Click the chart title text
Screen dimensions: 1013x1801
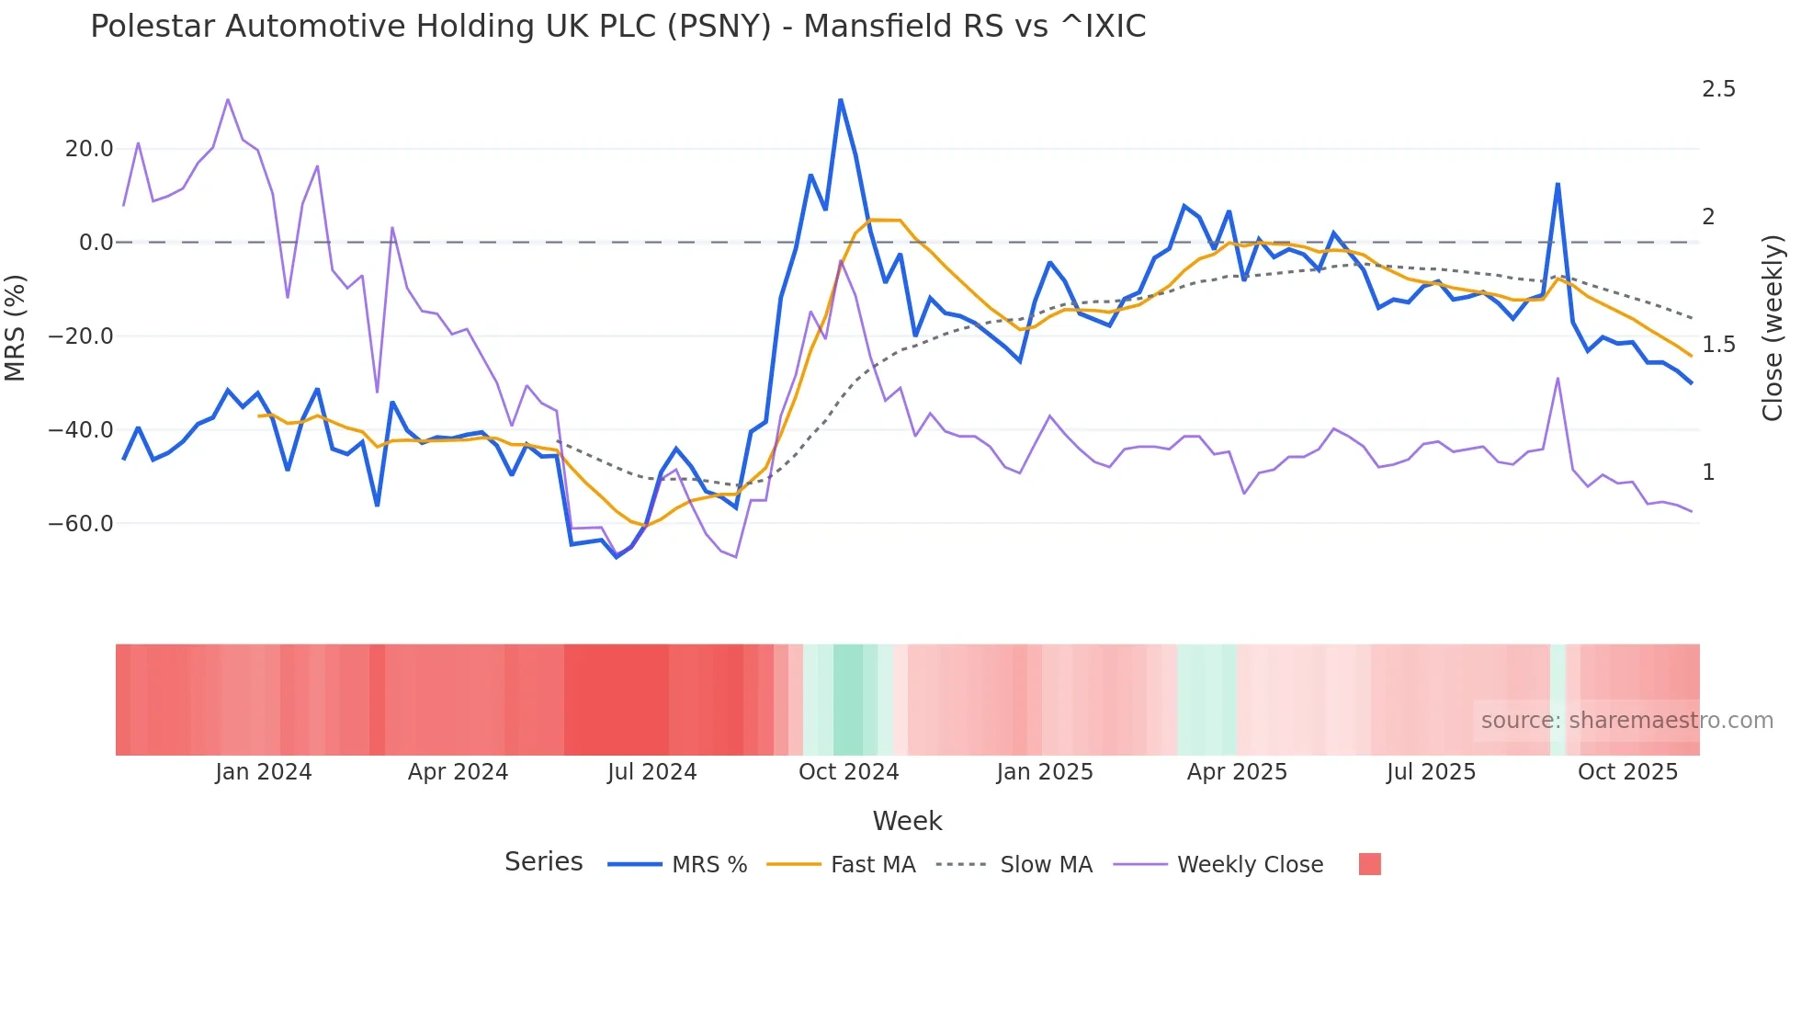(x=617, y=27)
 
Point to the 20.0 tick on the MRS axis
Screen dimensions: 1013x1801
(x=89, y=149)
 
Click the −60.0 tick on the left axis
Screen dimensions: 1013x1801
(x=81, y=524)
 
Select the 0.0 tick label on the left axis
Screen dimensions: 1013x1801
(x=96, y=243)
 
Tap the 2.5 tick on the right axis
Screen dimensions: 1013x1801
(x=1718, y=89)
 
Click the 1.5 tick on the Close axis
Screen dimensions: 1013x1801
(x=1718, y=345)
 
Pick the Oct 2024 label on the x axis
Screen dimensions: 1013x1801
(x=848, y=772)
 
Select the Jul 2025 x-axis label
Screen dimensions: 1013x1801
(x=1431, y=772)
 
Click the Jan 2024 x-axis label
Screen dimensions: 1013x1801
(x=264, y=772)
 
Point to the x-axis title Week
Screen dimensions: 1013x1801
(x=907, y=821)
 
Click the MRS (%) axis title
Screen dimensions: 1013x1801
(x=16, y=328)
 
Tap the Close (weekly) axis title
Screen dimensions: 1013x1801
(x=1773, y=328)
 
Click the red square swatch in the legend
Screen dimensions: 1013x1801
(x=1369, y=864)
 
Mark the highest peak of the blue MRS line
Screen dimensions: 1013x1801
(x=840, y=99)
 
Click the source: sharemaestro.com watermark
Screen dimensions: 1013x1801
(x=1626, y=721)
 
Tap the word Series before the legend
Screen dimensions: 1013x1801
(x=543, y=862)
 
